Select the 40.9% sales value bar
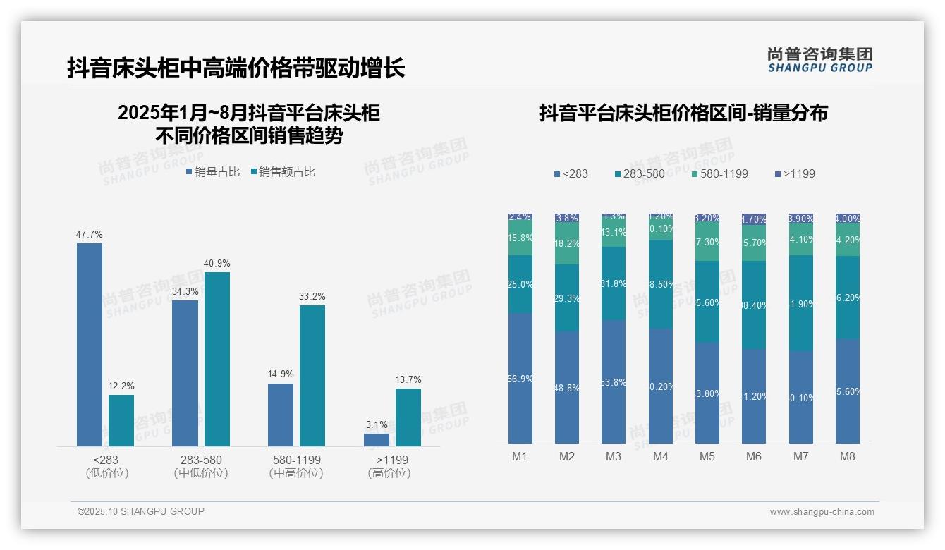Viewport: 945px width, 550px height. [x=217, y=359]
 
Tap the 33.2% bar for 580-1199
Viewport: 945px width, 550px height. [x=312, y=375]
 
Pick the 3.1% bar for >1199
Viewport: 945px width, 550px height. [x=377, y=439]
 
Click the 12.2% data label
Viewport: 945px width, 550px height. [x=121, y=386]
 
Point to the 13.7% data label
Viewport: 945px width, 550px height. [x=408, y=380]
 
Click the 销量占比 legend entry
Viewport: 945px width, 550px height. [x=213, y=172]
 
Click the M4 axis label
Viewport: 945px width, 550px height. [x=660, y=456]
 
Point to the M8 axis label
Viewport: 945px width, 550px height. [x=848, y=456]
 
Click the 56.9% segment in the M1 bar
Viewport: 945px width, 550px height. [x=520, y=378]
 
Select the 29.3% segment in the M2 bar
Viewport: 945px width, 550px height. [x=567, y=298]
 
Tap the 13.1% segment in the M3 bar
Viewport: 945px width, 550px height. [x=614, y=233]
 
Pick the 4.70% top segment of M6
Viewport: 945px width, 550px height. [x=754, y=219]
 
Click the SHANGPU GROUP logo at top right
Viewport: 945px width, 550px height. [x=819, y=60]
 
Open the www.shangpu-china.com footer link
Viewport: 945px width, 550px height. [x=822, y=512]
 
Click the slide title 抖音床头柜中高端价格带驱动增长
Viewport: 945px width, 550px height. [x=236, y=68]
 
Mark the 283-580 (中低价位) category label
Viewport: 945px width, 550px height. [x=201, y=466]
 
